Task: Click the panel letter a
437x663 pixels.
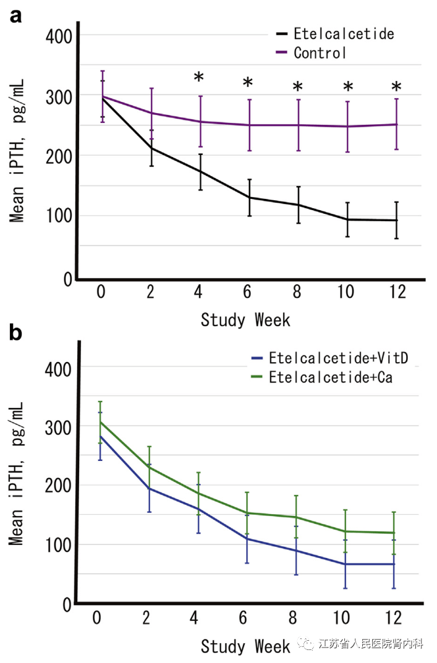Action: [15, 15]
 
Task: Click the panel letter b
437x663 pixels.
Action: [15, 333]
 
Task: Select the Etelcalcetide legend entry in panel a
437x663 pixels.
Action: [344, 33]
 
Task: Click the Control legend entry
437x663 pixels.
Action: [320, 53]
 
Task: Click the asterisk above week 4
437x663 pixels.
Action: [199, 78]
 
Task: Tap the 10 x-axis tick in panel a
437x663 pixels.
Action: [346, 292]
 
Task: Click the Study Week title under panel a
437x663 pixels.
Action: [245, 320]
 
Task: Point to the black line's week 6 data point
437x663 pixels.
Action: [249, 198]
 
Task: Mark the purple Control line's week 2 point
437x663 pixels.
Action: [150, 113]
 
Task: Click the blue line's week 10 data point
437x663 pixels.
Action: [345, 564]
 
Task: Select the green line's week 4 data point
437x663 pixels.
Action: [198, 493]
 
